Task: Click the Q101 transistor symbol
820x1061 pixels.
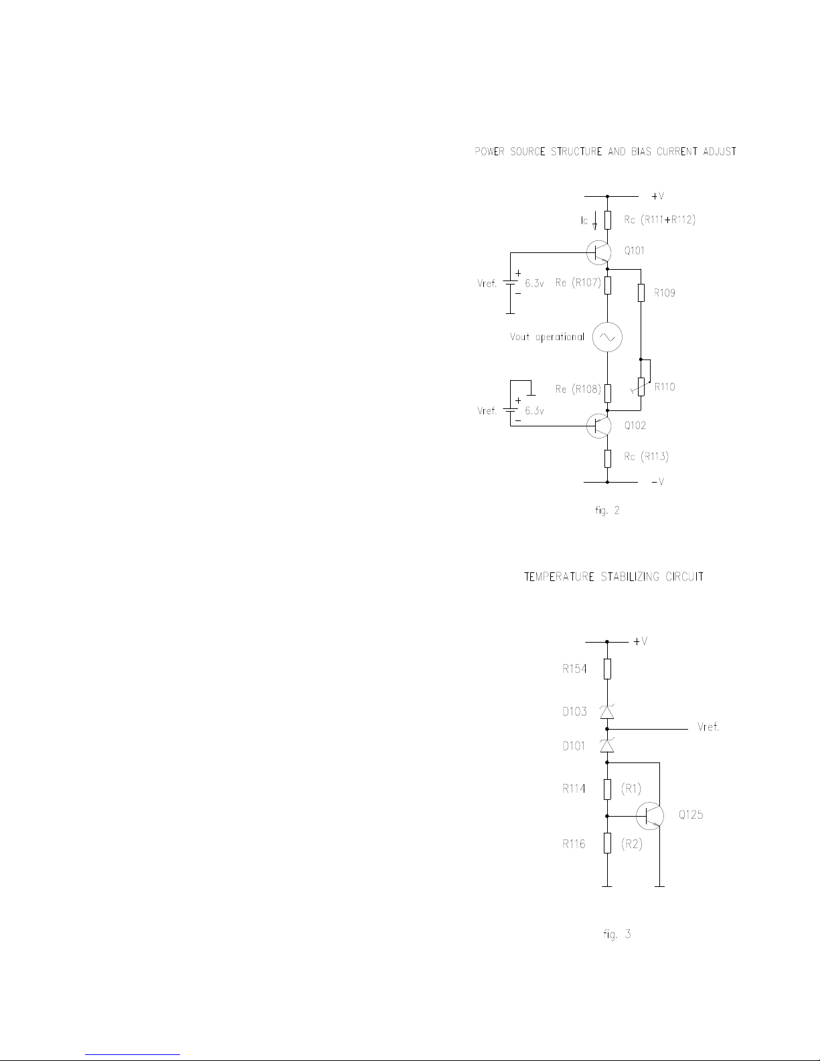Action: (x=599, y=252)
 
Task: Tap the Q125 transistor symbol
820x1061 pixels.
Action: (x=649, y=815)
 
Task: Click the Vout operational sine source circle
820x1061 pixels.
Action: (x=607, y=337)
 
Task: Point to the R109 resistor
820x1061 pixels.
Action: (x=641, y=293)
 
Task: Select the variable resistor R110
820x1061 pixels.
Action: (x=641, y=387)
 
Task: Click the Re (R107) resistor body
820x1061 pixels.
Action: (x=607, y=284)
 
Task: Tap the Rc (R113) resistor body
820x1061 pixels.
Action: (x=607, y=458)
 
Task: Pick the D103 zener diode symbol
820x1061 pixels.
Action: (x=607, y=712)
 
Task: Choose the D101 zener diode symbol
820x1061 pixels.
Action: (x=607, y=745)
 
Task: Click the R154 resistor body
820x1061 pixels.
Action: (x=607, y=669)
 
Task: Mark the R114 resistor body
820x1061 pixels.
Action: (x=607, y=789)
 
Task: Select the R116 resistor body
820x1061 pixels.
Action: (x=607, y=843)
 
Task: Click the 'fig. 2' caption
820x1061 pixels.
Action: (x=607, y=511)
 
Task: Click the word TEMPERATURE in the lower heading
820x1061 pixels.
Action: (x=558, y=577)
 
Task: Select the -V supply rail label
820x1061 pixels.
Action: (x=657, y=482)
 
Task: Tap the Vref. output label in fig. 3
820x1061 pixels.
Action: (x=708, y=728)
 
